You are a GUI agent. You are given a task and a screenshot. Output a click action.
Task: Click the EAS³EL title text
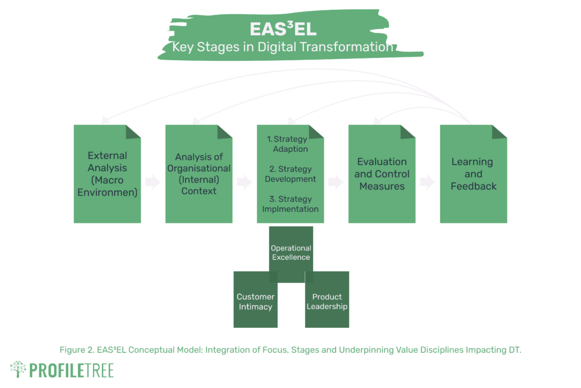pyautogui.click(x=283, y=29)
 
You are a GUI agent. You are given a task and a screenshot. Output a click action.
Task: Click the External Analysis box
pyautogui.click(x=107, y=174)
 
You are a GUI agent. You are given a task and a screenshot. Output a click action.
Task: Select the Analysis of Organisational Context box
pyautogui.click(x=199, y=174)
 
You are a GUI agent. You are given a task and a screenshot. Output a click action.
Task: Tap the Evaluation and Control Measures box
pyautogui.click(x=382, y=174)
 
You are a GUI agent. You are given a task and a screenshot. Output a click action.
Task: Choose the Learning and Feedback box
pyautogui.click(x=473, y=174)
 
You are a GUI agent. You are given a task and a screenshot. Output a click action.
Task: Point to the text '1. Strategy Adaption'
pyautogui.click(x=288, y=144)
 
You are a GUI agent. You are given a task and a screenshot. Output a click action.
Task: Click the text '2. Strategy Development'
pyautogui.click(x=290, y=174)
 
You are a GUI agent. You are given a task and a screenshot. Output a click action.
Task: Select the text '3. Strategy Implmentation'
pyautogui.click(x=290, y=204)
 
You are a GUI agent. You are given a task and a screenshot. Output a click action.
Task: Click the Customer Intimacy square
pyautogui.click(x=255, y=299)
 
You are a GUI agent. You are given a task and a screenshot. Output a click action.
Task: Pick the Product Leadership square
pyautogui.click(x=327, y=299)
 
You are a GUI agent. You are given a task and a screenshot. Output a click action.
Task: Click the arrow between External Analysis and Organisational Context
pyautogui.click(x=153, y=182)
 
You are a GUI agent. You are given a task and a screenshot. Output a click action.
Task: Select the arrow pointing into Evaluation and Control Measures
pyautogui.click(x=336, y=182)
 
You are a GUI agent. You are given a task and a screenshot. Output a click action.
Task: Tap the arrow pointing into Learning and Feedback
pyautogui.click(x=427, y=182)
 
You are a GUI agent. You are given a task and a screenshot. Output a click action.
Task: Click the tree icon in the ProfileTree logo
pyautogui.click(x=18, y=369)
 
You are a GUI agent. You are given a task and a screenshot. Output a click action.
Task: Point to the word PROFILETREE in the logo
pyautogui.click(x=71, y=370)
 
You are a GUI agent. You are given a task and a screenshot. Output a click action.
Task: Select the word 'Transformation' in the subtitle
pyautogui.click(x=347, y=47)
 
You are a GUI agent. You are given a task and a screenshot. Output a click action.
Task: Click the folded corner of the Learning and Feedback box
pyautogui.click(x=499, y=132)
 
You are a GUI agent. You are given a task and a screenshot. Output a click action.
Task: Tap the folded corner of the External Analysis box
pyautogui.click(x=133, y=132)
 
